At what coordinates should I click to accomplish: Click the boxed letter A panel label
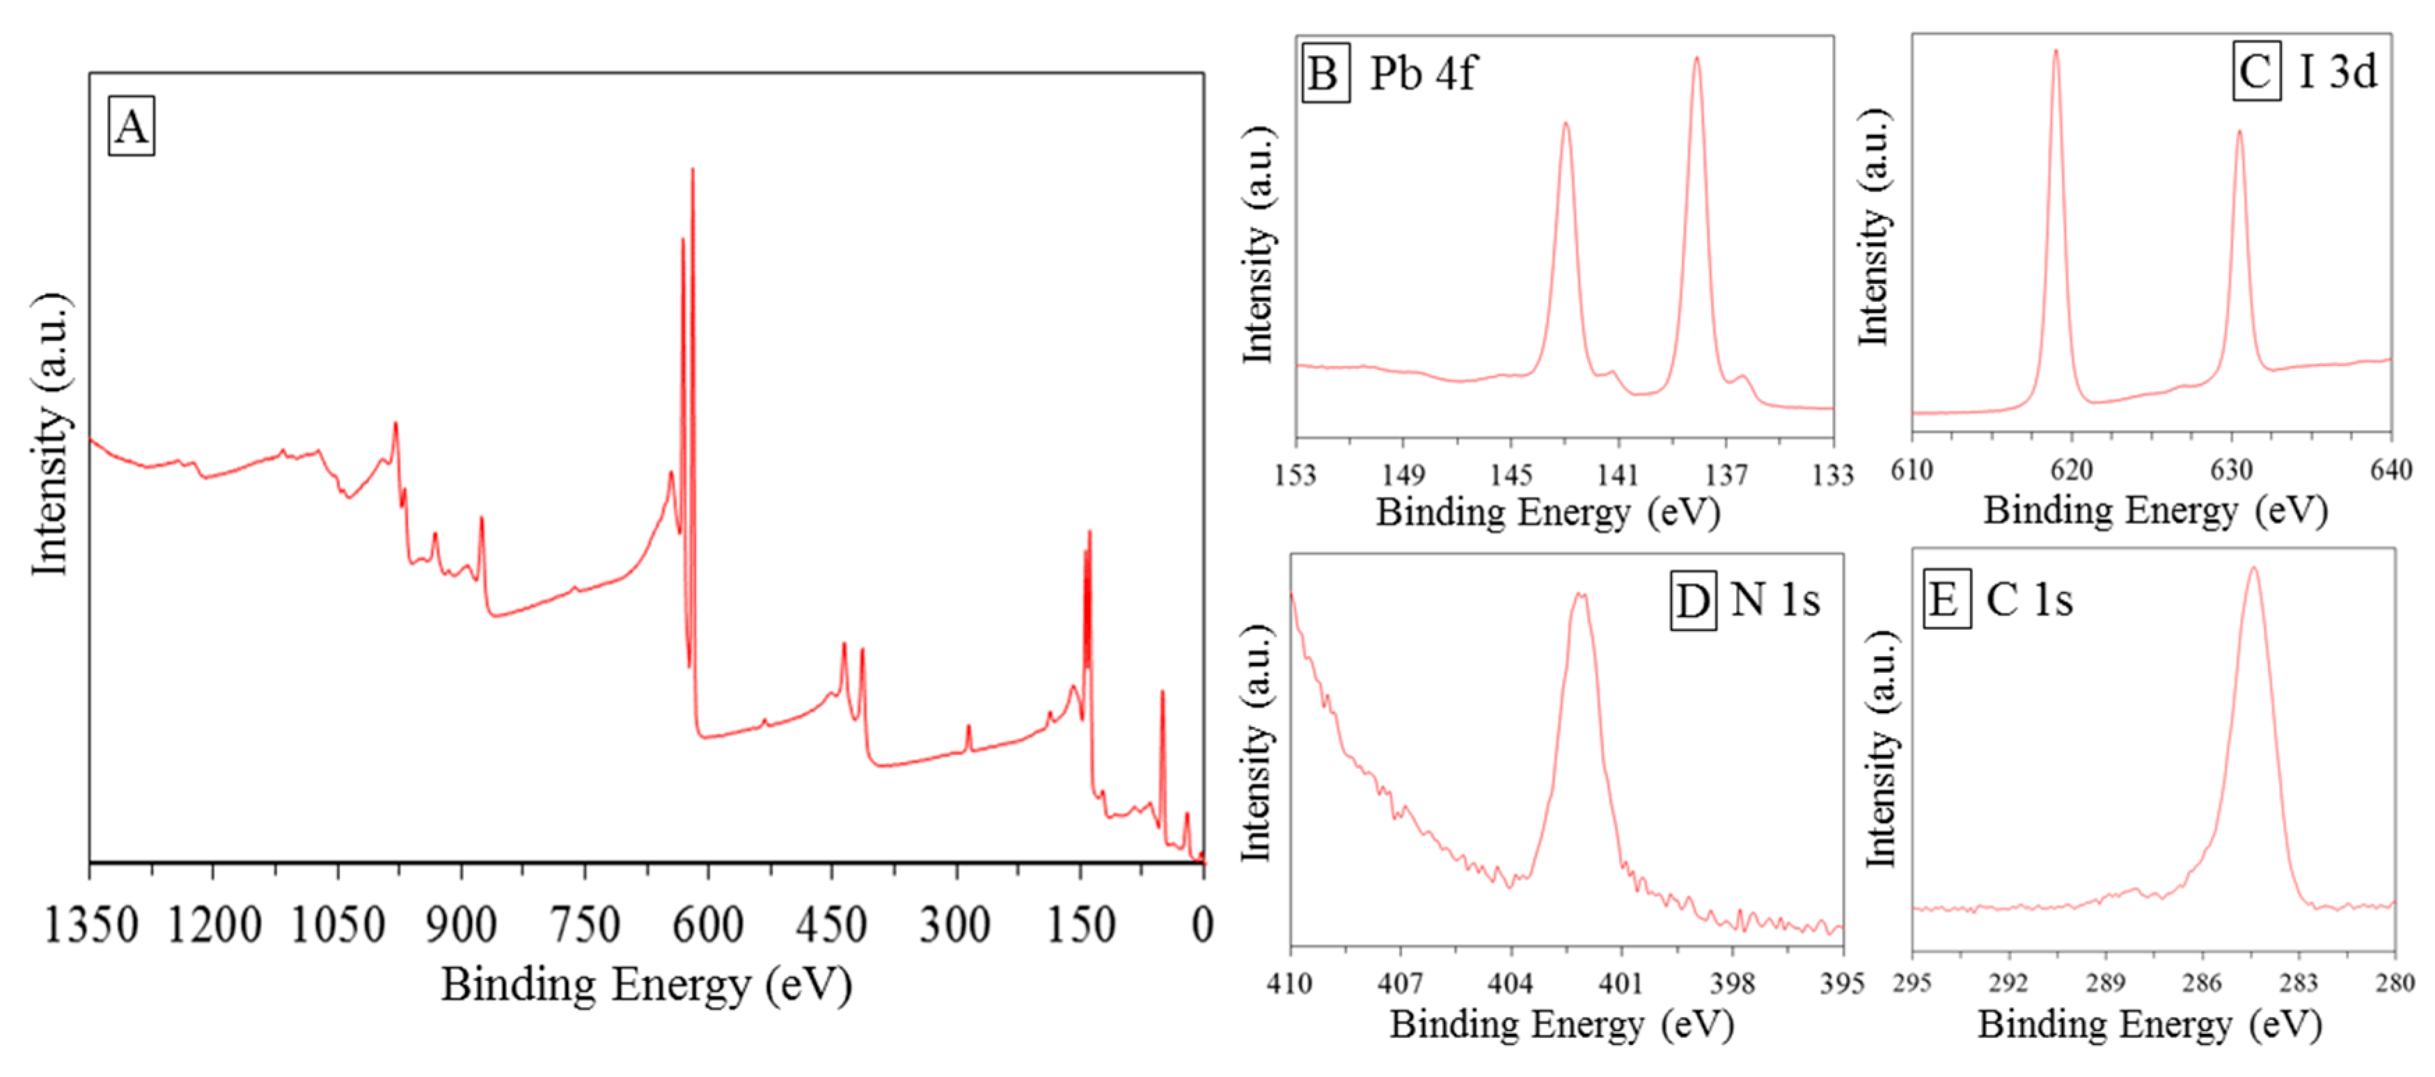pos(132,127)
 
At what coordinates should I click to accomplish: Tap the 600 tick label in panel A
pos(707,924)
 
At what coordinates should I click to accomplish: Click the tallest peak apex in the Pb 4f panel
pos(1696,58)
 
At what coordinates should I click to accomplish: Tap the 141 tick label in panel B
pos(1617,474)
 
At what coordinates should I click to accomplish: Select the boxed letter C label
pos(2256,72)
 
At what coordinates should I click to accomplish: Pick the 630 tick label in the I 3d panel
pos(2231,470)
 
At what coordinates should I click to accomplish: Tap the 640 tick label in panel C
pos(2390,470)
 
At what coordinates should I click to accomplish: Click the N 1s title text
pos(1774,600)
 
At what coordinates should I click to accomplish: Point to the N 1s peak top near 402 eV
pos(1579,595)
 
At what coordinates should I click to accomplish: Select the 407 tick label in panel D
pos(1400,984)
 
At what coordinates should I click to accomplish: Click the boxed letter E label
pos(1946,600)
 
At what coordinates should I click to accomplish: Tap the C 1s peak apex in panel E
pos(2255,568)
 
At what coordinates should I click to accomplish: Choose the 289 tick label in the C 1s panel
pos(2105,984)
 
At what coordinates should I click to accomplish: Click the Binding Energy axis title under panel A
pos(647,985)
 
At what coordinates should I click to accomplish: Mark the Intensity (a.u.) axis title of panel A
pos(49,435)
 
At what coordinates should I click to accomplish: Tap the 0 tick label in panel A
pos(1201,924)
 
